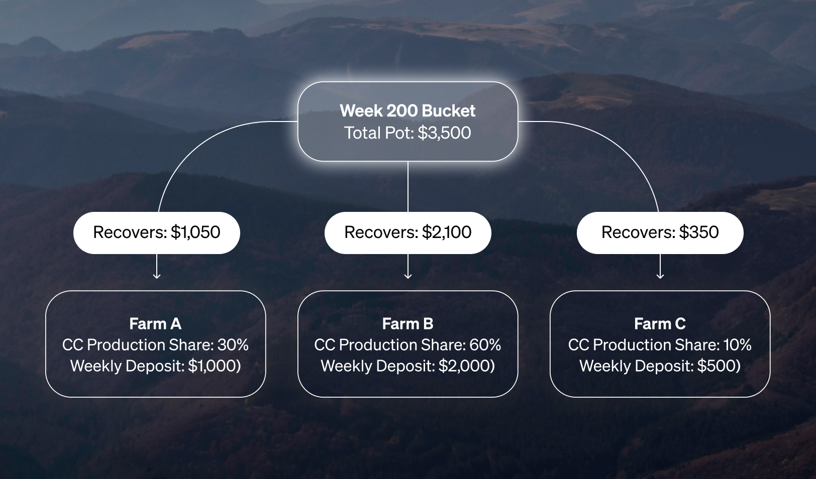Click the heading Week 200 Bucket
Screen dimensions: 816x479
click(407, 111)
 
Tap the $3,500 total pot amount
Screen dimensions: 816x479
click(444, 133)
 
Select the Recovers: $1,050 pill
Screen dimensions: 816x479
click(157, 232)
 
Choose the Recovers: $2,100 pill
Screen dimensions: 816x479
click(407, 232)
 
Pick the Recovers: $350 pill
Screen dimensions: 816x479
click(660, 232)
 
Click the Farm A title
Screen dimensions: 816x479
click(156, 323)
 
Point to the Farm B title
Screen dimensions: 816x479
click(407, 323)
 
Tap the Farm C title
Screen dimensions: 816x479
click(660, 323)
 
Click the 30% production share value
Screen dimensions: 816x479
click(233, 345)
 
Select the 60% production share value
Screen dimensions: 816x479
click(485, 345)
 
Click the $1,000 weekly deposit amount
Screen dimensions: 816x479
click(213, 366)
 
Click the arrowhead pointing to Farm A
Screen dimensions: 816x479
click(157, 276)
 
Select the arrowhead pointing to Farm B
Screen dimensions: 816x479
click(408, 276)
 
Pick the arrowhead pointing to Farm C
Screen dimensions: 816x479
click(660, 276)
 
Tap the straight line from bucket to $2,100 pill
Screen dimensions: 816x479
click(408, 187)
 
